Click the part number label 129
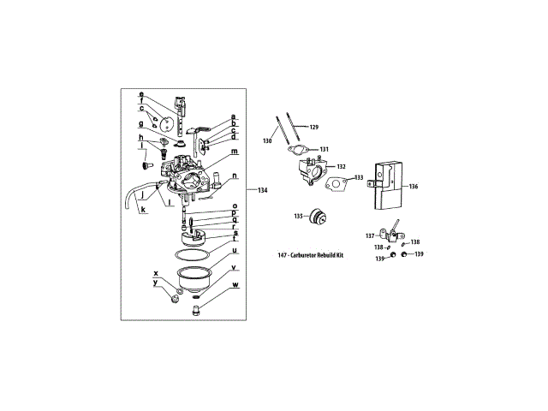coord(313,128)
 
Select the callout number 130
coord(267,140)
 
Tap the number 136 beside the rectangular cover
coord(413,186)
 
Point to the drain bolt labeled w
coord(198,308)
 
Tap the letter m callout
coord(234,151)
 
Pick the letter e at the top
coord(141,93)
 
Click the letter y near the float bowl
coord(155,282)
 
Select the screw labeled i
coord(146,158)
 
